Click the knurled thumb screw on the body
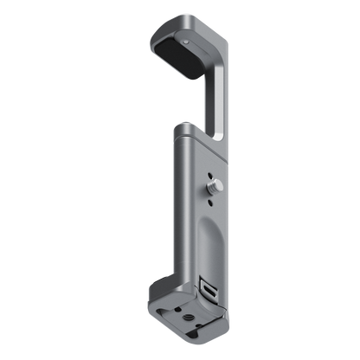[x=212, y=183]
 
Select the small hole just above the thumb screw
[x=214, y=170]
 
